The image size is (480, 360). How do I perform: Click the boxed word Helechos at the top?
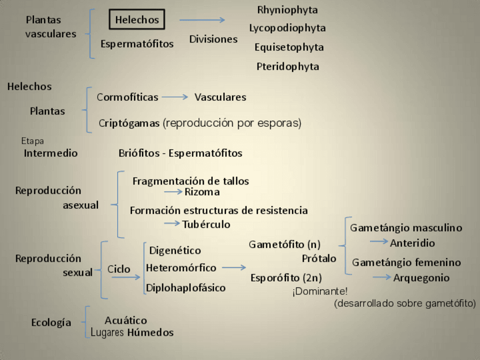(137, 20)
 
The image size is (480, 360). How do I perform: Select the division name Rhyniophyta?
(288, 10)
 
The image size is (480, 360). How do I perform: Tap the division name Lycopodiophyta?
(288, 28)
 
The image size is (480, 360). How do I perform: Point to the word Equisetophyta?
(289, 47)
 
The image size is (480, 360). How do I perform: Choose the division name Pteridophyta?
(288, 66)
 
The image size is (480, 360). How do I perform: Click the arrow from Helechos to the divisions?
(202, 20)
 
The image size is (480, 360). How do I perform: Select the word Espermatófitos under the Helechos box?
(137, 44)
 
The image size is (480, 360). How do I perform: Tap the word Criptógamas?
(129, 123)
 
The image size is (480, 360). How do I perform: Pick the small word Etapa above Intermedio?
(32, 141)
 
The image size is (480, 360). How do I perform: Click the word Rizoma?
(202, 192)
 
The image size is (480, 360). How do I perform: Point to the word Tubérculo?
(206, 224)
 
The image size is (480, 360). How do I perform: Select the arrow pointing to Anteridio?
(379, 241)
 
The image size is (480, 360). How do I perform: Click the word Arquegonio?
(422, 277)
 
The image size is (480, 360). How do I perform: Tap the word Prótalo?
(319, 258)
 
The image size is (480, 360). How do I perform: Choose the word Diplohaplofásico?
(186, 288)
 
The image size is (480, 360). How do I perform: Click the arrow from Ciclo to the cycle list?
(126, 277)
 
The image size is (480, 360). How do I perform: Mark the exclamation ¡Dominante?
(320, 292)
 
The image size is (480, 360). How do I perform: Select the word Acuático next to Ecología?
(126, 320)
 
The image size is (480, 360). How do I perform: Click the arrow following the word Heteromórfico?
(234, 267)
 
